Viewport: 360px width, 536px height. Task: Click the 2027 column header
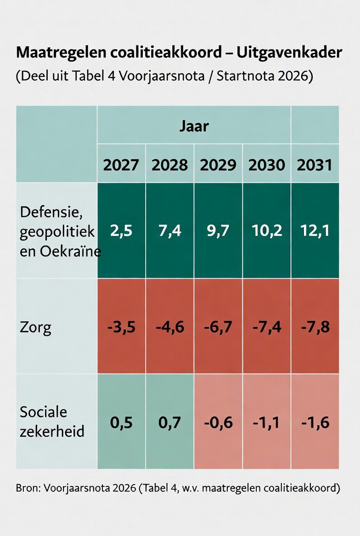(121, 164)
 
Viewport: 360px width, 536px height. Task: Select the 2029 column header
(218, 164)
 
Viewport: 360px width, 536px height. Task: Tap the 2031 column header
(315, 164)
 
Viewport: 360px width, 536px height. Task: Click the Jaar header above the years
(194, 126)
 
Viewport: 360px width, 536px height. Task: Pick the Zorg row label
(35, 327)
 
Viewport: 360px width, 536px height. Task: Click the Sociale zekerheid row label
(52, 422)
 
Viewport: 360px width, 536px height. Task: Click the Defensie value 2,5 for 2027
(121, 230)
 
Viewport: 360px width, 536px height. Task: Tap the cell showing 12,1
(315, 230)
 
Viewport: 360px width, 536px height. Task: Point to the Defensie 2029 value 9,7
(218, 230)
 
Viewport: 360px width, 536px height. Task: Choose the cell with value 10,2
(266, 230)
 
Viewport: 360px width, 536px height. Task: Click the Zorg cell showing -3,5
(121, 327)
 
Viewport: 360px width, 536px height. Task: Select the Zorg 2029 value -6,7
(218, 327)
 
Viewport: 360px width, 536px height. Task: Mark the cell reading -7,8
(315, 327)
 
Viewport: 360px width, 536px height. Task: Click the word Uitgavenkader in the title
(289, 53)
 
